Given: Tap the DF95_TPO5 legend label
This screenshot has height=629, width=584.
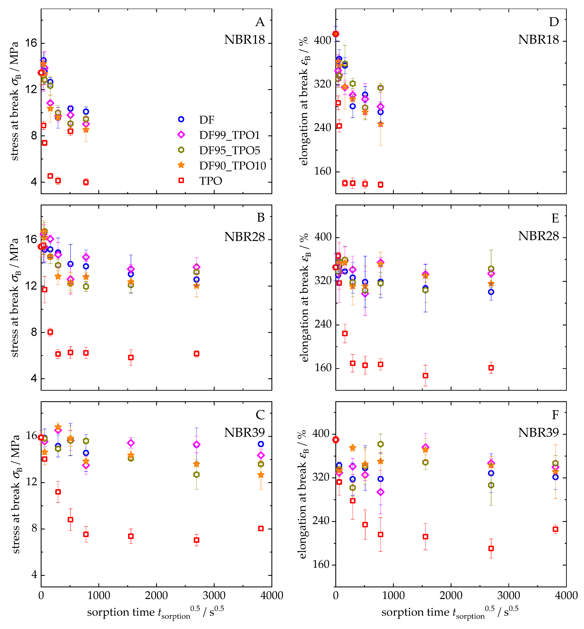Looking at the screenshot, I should tap(229, 150).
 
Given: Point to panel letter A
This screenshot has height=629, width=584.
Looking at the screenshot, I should tap(260, 22).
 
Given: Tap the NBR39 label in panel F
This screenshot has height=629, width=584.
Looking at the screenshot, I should tap(538, 432).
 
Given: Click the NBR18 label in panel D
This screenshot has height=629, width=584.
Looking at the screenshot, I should tap(538, 40).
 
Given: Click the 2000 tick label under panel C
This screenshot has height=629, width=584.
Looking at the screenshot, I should tap(156, 596).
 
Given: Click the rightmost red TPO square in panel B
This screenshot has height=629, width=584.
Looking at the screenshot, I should tap(197, 353).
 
